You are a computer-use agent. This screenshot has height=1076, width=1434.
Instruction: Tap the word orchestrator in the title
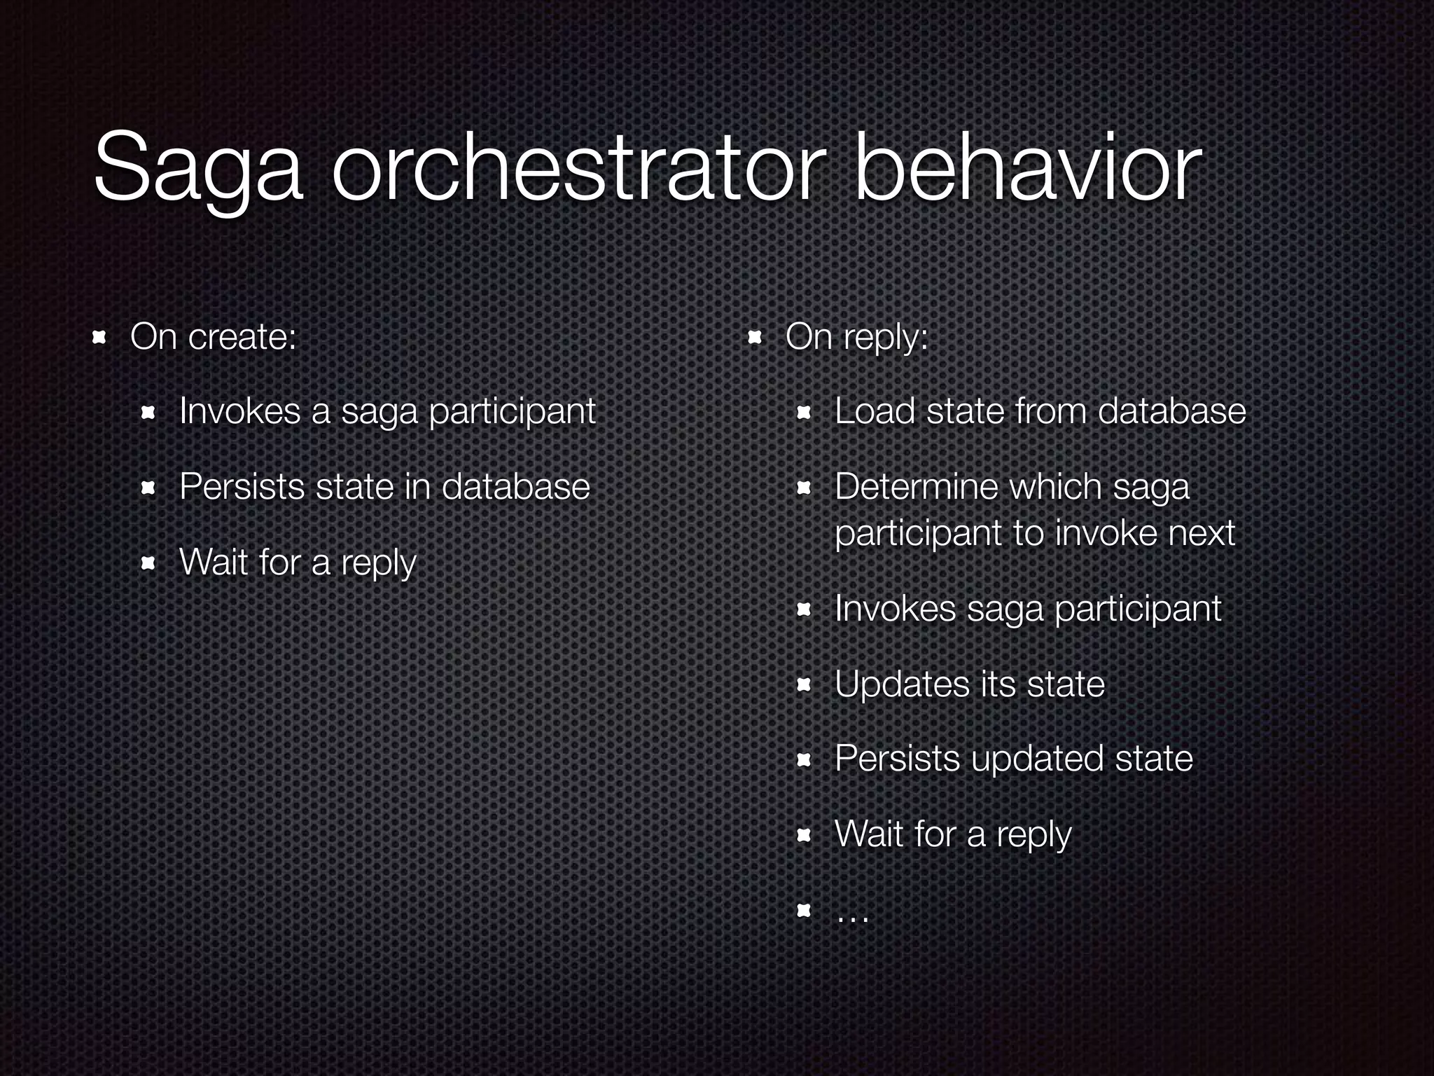574,168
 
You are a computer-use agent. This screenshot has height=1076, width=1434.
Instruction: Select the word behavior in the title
1028,168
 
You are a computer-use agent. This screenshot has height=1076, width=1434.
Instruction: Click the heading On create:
214,337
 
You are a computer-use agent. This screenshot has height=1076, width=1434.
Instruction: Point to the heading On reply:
856,337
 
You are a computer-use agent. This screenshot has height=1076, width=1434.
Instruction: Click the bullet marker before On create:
99,338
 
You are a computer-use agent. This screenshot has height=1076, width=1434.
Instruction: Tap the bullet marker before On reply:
754,338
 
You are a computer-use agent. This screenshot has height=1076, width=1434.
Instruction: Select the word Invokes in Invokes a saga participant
239,411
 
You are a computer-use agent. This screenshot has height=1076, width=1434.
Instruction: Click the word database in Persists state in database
515,486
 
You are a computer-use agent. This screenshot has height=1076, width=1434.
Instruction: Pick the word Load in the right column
875,411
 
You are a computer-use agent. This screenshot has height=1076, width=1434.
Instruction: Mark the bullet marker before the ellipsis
804,911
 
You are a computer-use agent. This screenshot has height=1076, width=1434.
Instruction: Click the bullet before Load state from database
804,413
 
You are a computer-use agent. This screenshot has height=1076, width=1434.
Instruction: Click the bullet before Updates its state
804,684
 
